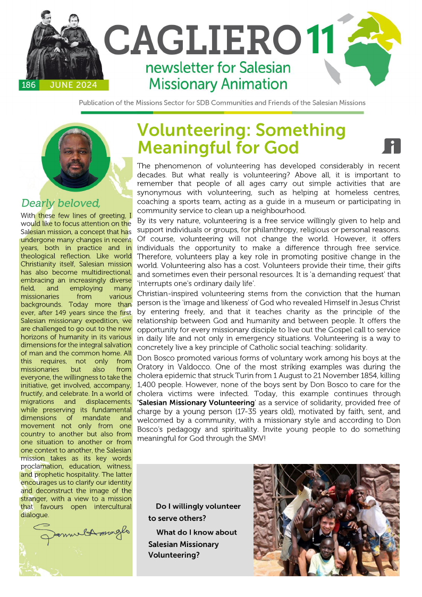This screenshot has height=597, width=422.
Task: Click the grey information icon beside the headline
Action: [x=391, y=145]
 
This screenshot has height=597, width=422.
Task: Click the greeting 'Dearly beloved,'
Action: [x=61, y=203]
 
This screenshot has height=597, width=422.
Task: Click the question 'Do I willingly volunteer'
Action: [x=198, y=506]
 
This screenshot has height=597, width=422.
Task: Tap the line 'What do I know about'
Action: [x=196, y=532]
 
